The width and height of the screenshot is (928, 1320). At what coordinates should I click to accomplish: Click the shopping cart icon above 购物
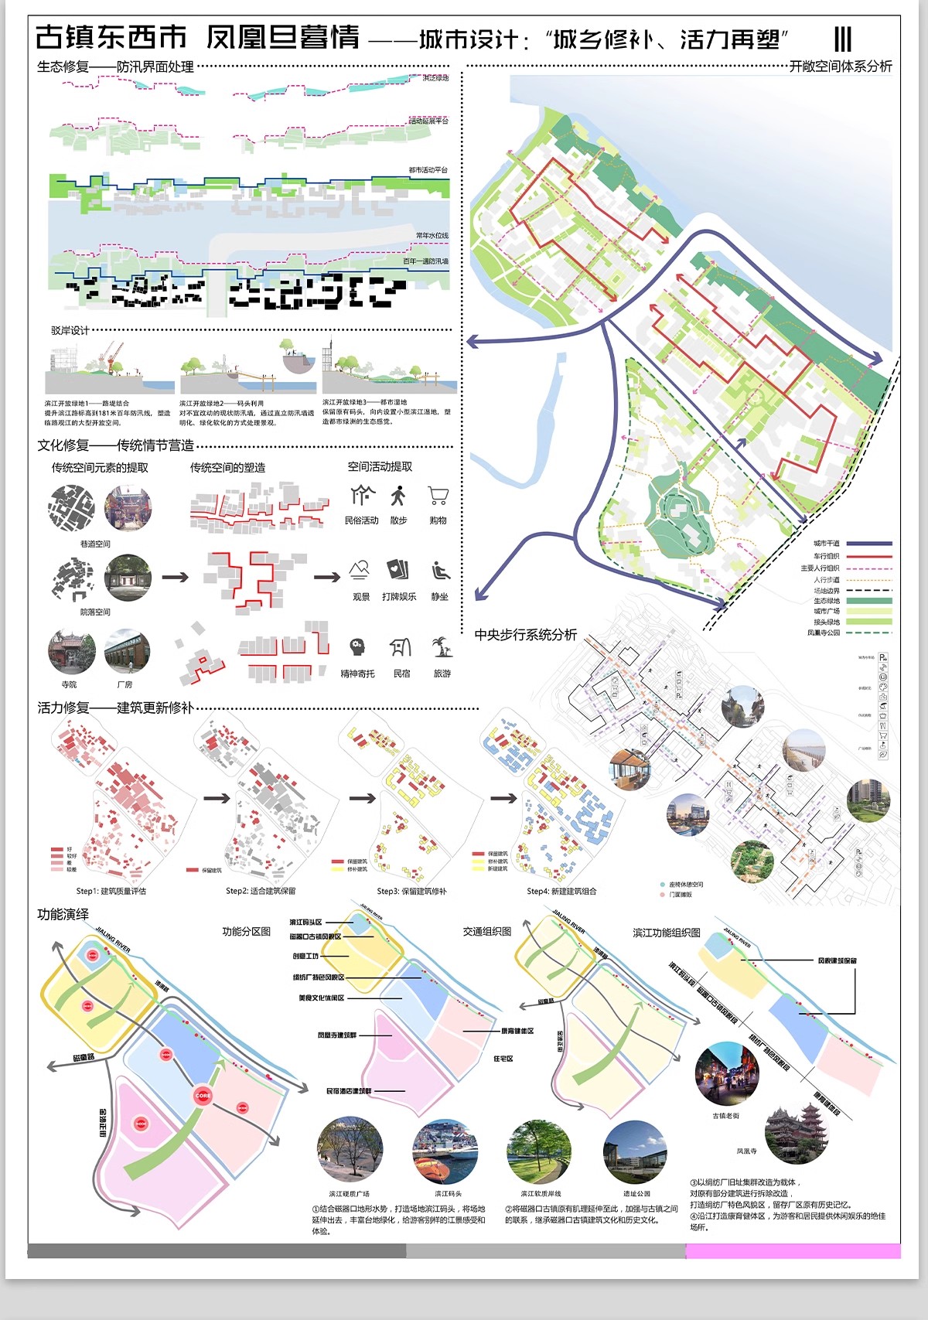tap(438, 496)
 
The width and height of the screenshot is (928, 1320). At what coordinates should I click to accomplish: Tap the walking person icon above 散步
tap(398, 496)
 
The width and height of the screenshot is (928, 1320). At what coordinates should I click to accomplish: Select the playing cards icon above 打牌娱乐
tap(397, 570)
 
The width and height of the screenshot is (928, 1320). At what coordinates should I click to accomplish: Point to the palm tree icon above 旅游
tap(442, 646)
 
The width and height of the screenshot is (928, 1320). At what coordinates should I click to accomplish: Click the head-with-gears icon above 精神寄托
tap(357, 646)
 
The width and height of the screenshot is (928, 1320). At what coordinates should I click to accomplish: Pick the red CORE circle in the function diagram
tap(203, 1095)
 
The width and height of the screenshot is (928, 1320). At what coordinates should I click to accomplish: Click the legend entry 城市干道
tap(826, 544)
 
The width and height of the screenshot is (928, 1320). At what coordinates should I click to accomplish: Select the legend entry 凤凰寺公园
tap(823, 633)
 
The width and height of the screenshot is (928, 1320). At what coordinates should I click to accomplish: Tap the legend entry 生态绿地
tap(826, 601)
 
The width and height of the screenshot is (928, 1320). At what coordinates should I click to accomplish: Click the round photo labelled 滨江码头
tap(445, 1152)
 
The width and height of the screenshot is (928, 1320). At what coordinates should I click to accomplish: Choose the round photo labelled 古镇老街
tap(727, 1075)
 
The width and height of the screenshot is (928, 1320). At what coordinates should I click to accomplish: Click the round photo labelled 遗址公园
tap(635, 1152)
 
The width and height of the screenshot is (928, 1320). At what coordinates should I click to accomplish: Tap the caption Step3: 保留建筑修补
tap(411, 891)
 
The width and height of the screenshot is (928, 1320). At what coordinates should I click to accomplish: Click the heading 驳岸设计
tap(70, 330)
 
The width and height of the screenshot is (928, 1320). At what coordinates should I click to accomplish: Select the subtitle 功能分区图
tap(247, 931)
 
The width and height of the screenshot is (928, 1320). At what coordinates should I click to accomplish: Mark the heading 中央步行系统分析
tap(525, 634)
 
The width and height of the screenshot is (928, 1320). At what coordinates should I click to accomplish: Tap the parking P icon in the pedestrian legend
tap(883, 657)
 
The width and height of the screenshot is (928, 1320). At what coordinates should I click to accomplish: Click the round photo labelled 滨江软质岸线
tap(539, 1152)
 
